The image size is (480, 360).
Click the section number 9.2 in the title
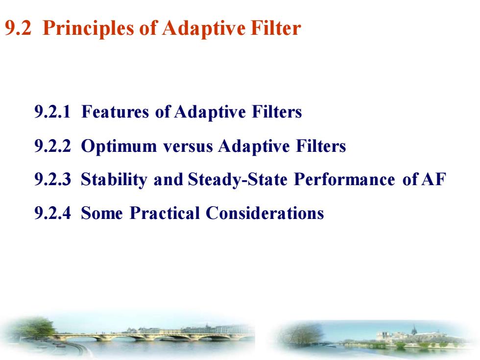tap(18, 28)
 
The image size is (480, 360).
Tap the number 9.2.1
tap(52, 112)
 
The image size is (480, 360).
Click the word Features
tap(115, 112)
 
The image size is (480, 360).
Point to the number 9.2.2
tap(52, 146)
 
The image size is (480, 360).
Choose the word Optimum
tap(119, 146)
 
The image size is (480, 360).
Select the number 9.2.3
tap(52, 179)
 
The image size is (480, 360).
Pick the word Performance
tap(344, 179)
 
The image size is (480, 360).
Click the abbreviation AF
tap(434, 179)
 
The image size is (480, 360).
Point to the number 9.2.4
tap(52, 213)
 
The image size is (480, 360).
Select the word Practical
tap(165, 213)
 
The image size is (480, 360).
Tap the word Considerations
tap(265, 213)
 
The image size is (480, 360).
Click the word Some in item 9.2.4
tap(102, 214)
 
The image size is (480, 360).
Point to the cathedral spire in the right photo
tap(414, 330)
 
